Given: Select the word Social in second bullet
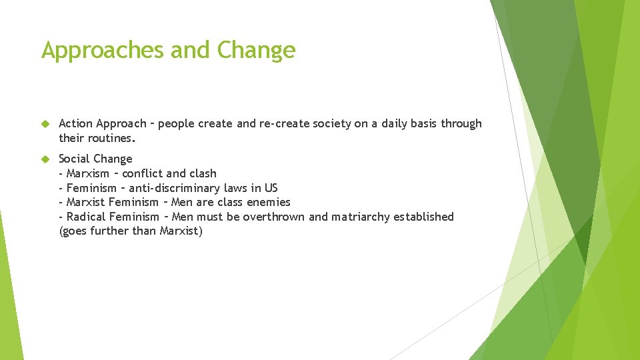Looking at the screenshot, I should [75, 159].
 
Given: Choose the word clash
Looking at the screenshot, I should [202, 173].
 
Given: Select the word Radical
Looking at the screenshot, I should [87, 217].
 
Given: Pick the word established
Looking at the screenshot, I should [424, 217].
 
